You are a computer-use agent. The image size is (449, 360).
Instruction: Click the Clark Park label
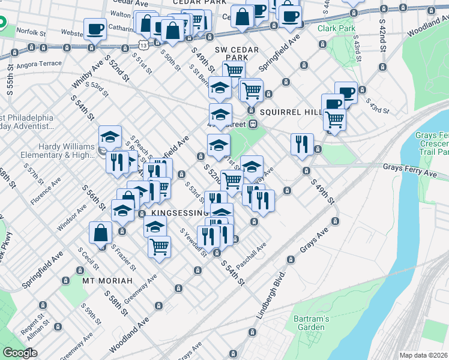click(335, 28)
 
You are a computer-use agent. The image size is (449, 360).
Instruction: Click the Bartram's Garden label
click(310, 323)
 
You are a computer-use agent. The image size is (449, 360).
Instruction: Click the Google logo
click(20, 353)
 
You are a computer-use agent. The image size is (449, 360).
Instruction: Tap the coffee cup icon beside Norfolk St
click(95, 28)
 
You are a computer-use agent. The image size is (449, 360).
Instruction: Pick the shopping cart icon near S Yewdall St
click(159, 246)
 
